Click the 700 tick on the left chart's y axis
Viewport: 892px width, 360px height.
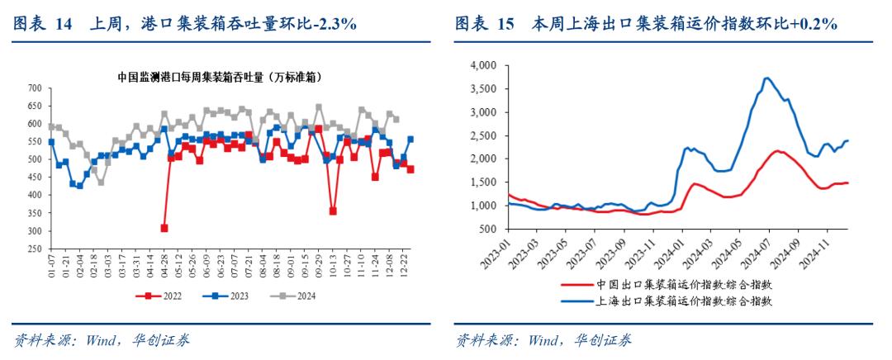click(35, 88)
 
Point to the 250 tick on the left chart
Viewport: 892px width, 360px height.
click(35, 249)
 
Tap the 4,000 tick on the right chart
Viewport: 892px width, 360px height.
click(481, 65)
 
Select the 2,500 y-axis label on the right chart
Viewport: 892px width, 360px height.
click(481, 135)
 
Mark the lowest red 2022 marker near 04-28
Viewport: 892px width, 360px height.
click(164, 228)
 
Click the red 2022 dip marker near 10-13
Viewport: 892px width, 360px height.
click(333, 211)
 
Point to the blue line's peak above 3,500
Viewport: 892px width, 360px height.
click(767, 78)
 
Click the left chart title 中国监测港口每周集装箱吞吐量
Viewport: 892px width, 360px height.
click(220, 77)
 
